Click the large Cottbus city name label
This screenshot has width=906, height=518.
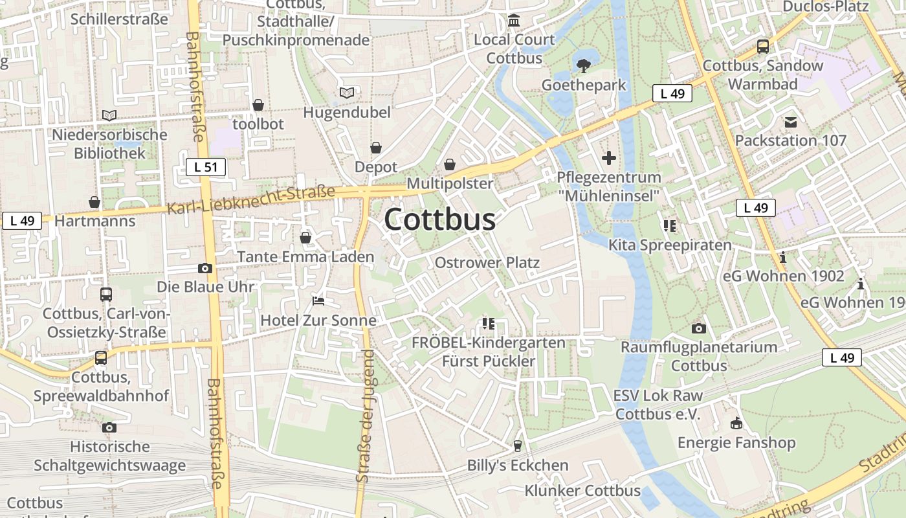440,220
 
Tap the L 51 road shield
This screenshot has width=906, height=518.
206,167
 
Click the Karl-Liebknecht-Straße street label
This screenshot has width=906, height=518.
252,200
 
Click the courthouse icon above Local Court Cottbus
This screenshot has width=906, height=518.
514,21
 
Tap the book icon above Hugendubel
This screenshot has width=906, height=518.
347,93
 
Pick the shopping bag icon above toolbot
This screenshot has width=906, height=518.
258,105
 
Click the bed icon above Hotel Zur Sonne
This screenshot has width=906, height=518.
318,301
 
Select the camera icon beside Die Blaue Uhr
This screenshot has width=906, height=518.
204,268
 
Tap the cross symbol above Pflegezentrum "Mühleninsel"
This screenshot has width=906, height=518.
608,157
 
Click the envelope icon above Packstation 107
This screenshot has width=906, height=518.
790,122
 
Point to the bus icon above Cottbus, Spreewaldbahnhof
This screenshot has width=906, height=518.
100,358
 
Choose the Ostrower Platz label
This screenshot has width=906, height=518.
487,263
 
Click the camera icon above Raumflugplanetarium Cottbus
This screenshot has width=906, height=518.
698,328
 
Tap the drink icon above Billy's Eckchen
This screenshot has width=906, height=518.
517,446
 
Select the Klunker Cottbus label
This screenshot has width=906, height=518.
582,491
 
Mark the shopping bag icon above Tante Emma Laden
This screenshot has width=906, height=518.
305,238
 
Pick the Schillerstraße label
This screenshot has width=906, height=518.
119,19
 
